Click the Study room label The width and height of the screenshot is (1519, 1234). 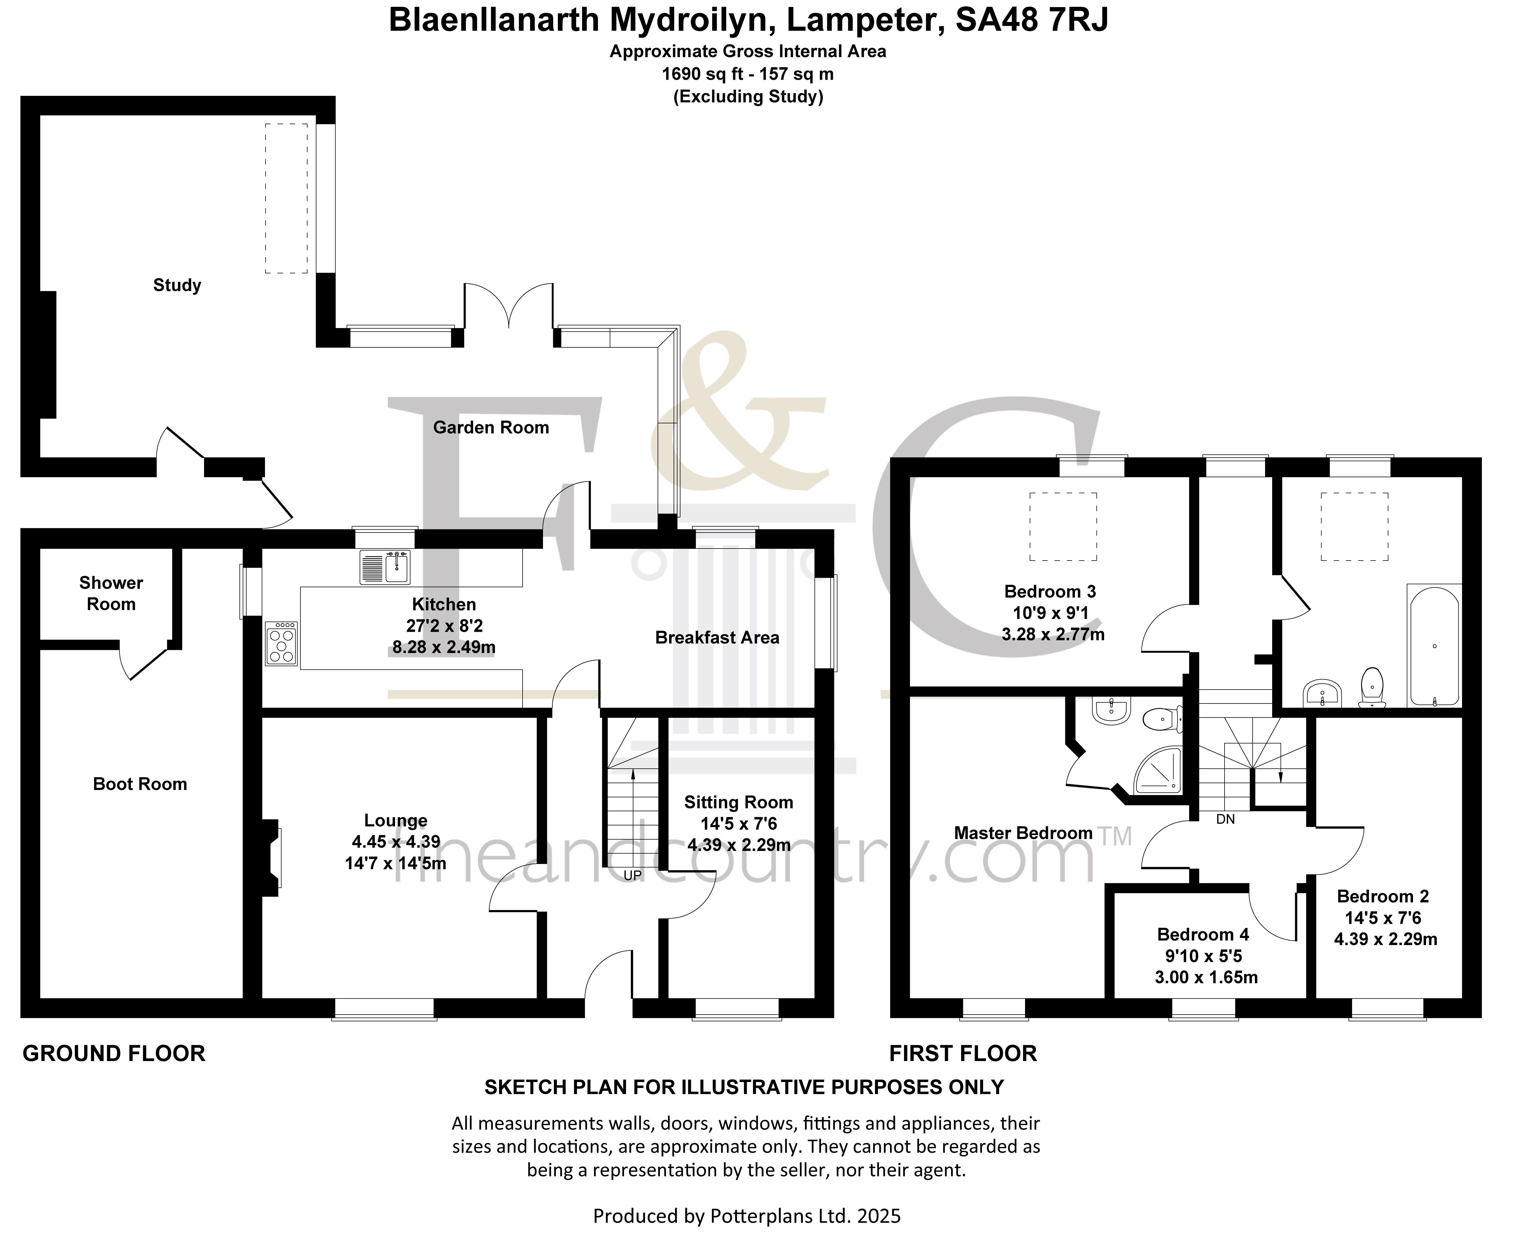click(177, 285)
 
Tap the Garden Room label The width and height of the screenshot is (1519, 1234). click(491, 427)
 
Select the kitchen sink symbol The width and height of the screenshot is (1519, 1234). click(384, 567)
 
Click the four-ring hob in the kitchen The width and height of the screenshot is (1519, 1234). click(281, 643)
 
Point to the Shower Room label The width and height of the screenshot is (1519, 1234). click(111, 593)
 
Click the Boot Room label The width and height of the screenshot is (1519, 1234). click(140, 784)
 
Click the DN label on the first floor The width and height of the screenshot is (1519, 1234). click(1226, 819)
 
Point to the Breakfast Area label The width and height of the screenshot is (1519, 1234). click(717, 638)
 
